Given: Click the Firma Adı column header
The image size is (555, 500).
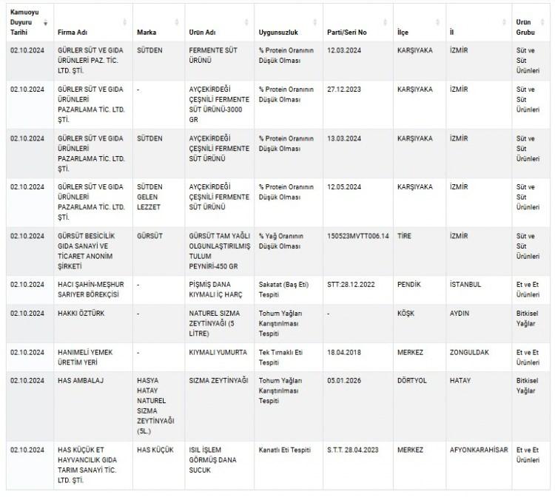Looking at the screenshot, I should click(x=73, y=33).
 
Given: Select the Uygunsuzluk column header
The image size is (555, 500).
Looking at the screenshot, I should click(x=277, y=33).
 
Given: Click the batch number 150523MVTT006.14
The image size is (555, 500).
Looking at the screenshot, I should click(x=357, y=236).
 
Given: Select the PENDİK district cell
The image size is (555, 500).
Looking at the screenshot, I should click(x=411, y=284).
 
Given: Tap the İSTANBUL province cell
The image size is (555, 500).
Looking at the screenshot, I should click(x=465, y=284).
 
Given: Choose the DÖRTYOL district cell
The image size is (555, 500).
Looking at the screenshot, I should click(x=414, y=381).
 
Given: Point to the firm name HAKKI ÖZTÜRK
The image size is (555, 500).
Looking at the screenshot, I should click(x=81, y=313).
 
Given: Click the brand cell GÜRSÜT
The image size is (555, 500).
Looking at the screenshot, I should click(x=150, y=236).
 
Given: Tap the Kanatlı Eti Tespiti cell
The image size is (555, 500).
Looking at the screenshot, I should click(x=285, y=449).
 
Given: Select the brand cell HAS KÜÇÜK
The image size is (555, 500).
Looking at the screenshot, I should click(x=155, y=449).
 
